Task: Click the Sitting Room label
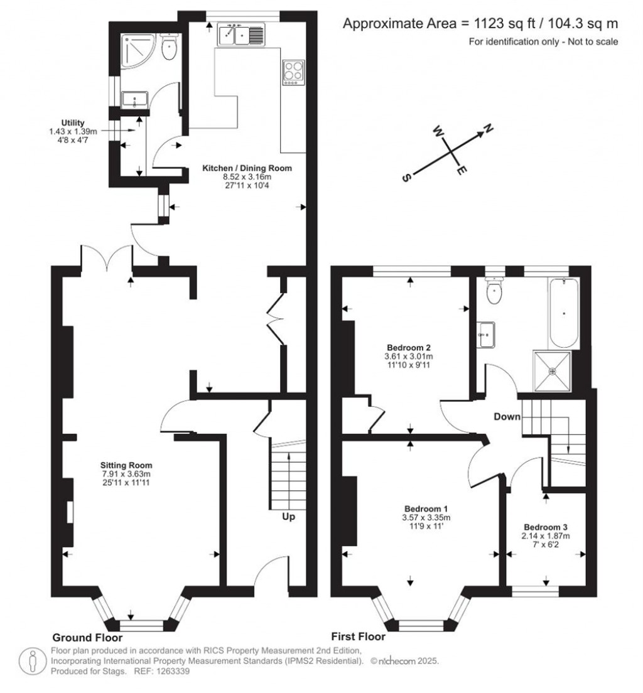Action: pos(126,465)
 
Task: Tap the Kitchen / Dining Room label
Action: pos(247,168)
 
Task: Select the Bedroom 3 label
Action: pos(546,527)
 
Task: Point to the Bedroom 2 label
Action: pos(409,348)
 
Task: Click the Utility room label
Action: pos(73,123)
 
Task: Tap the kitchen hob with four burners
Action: pos(293,72)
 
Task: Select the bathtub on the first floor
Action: pos(563,313)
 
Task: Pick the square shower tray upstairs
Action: pos(553,371)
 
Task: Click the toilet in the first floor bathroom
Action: pos(494,291)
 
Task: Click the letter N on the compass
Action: pos(488,129)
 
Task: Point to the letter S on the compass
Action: pos(406,178)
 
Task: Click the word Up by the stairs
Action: pos(288,516)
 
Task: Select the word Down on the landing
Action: pos(507,416)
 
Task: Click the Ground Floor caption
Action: pos(87,637)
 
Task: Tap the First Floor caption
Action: pos(358,637)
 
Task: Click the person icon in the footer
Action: pos(33,662)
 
